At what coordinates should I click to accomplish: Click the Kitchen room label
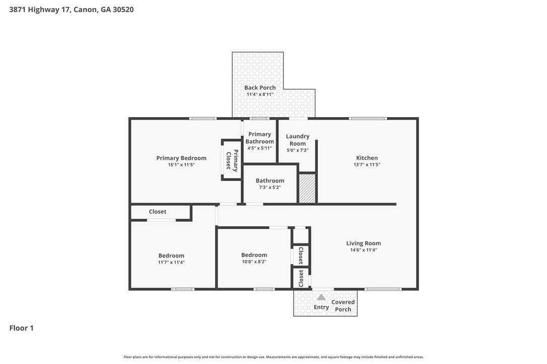click(367, 158)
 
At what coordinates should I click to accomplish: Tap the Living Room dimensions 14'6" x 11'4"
click(364, 250)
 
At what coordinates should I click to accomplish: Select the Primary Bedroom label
click(181, 158)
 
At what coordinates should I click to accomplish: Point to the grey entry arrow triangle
click(321, 297)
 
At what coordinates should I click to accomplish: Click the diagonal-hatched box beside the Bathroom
click(307, 188)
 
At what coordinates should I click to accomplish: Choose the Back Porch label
click(260, 88)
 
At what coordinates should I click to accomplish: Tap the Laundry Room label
click(298, 140)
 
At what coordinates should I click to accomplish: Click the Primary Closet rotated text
click(232, 160)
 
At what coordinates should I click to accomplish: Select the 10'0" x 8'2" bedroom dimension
click(254, 261)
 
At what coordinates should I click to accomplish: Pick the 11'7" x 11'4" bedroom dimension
click(171, 262)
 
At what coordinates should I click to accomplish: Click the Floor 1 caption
click(21, 328)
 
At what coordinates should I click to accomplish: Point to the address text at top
click(71, 10)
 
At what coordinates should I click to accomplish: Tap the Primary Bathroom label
click(259, 138)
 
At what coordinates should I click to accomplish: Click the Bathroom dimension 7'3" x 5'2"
click(269, 187)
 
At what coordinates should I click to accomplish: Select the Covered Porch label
click(344, 306)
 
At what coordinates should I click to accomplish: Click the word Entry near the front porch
click(321, 307)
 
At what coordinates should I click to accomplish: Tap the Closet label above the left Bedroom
click(157, 212)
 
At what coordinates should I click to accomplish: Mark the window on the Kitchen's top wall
click(368, 119)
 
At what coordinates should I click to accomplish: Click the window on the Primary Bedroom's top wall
click(202, 119)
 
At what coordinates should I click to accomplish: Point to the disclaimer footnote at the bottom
click(273, 356)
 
